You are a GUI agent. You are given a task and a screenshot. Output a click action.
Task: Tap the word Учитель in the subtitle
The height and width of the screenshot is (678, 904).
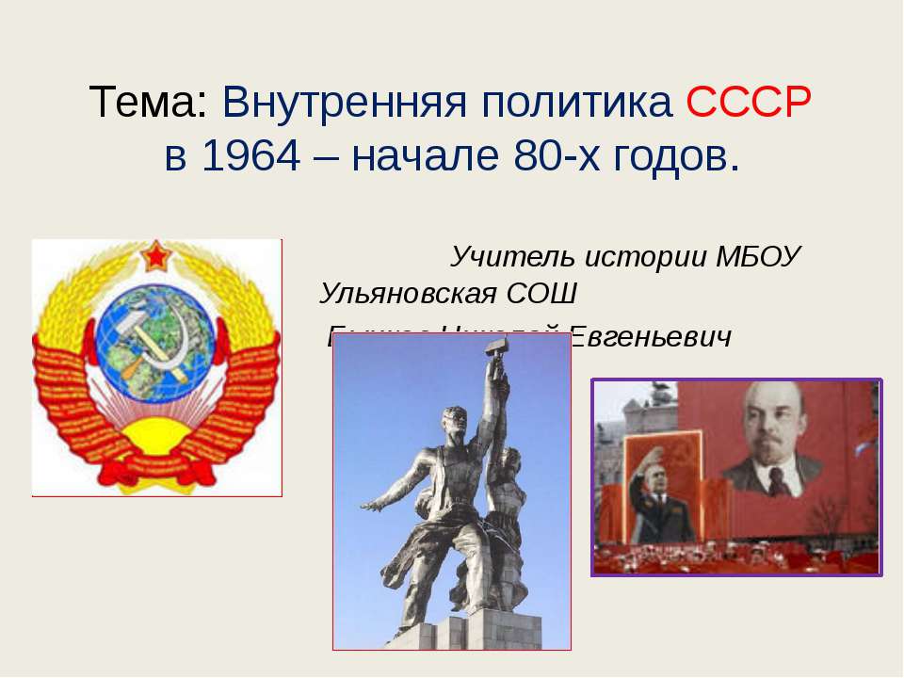(512, 255)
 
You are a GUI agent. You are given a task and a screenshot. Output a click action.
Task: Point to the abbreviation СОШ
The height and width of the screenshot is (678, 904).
(541, 294)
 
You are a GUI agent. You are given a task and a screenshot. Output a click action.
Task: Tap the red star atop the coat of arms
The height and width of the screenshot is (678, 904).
(155, 255)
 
